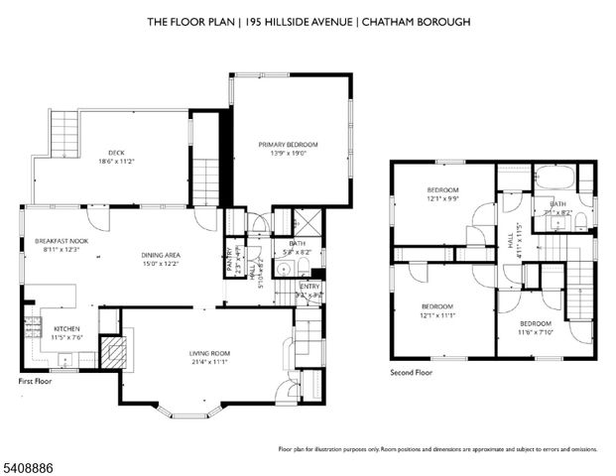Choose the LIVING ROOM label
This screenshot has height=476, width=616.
click(x=209, y=353)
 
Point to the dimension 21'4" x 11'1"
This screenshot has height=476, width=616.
click(x=209, y=363)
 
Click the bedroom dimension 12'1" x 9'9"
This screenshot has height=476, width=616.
click(x=442, y=198)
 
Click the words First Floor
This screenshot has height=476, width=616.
click(x=35, y=380)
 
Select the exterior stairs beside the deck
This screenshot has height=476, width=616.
click(x=62, y=134)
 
